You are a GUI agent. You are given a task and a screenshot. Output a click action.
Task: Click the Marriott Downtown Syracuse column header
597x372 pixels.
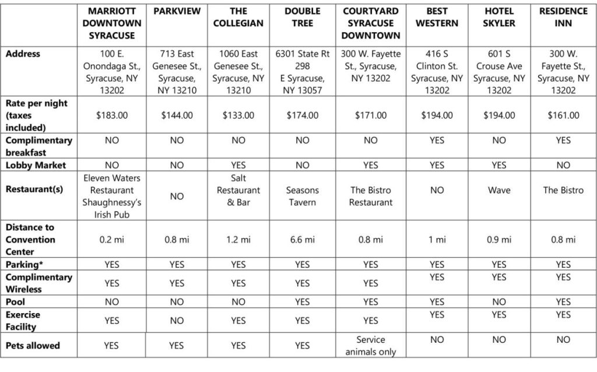tap(112, 23)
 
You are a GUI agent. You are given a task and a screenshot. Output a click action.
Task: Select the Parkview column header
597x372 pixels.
tap(177, 11)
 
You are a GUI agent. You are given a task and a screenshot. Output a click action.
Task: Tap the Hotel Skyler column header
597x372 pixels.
tap(499, 17)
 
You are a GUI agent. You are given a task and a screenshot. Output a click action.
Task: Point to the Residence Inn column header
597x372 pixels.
tap(563, 17)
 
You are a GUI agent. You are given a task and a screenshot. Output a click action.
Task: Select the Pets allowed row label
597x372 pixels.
tap(33, 346)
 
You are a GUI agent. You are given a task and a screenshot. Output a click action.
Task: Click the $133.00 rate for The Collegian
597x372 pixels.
tap(238, 115)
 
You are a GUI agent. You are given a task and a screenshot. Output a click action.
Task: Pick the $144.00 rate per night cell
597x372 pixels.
tap(177, 115)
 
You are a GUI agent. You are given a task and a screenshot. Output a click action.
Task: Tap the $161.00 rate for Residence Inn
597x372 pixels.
tap(563, 115)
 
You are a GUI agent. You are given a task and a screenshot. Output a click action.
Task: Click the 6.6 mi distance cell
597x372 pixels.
tap(303, 240)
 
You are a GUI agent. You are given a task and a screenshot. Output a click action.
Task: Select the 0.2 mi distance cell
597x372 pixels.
tap(112, 240)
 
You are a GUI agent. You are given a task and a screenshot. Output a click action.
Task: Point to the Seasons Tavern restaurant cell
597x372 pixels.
tap(303, 196)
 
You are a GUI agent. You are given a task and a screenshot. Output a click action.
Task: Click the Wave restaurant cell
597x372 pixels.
tap(499, 190)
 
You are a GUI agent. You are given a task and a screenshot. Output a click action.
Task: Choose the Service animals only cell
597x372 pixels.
tap(371, 346)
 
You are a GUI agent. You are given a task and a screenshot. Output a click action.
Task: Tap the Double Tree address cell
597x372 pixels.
tap(303, 72)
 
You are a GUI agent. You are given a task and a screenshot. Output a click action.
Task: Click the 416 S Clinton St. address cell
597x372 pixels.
tap(437, 72)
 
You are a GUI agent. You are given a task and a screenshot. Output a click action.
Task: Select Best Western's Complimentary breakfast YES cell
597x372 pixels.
tap(437, 141)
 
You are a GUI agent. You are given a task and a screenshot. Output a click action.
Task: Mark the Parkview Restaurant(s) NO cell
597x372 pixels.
tap(177, 196)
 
